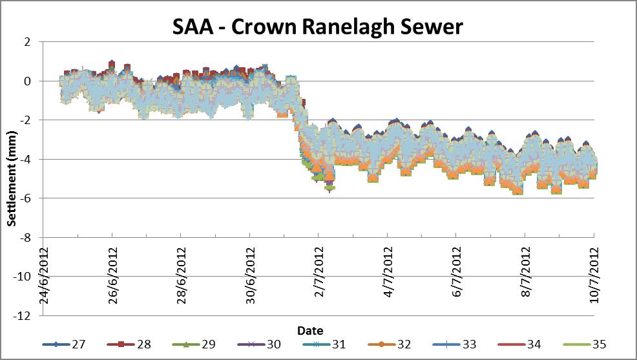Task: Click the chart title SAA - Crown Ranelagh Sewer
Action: (318, 26)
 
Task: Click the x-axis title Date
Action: (310, 330)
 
